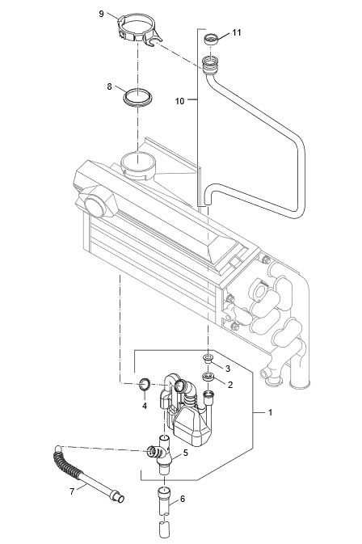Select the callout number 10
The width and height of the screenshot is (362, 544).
coord(180,101)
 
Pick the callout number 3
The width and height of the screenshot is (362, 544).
coord(229,368)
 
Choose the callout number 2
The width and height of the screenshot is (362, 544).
coord(229,385)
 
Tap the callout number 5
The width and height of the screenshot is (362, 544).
coord(185,453)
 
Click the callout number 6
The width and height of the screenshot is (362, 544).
coord(183,499)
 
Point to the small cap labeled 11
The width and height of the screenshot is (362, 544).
coord(211,38)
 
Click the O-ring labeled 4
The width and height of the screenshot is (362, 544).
coord(145,382)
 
